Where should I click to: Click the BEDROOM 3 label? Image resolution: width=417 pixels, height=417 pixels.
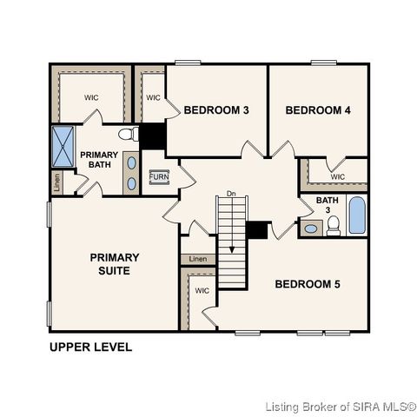pyautogui.click(x=216, y=110)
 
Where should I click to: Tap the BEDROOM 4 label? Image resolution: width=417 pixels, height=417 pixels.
pyautogui.click(x=317, y=110)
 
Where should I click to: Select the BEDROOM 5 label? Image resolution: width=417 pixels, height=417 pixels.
pyautogui.click(x=308, y=284)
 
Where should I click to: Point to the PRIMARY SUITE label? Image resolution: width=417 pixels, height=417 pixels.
pyautogui.click(x=115, y=263)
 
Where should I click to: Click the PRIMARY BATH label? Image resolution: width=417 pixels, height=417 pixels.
pyautogui.click(x=99, y=160)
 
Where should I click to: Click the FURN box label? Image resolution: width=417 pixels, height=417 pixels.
pyautogui.click(x=158, y=176)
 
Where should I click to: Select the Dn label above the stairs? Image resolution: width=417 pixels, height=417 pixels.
pyautogui.click(x=231, y=193)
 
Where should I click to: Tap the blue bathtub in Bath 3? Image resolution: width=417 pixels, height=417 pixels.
pyautogui.click(x=356, y=215)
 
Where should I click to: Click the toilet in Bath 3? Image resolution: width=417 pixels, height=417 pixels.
pyautogui.click(x=333, y=227)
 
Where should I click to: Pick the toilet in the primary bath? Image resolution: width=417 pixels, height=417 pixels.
pyautogui.click(x=129, y=135)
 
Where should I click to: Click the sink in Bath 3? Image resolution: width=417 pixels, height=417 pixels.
pyautogui.click(x=311, y=229)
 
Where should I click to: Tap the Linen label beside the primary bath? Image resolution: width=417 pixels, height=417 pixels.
pyautogui.click(x=56, y=183)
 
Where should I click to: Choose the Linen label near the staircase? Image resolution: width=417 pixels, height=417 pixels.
pyautogui.click(x=198, y=259)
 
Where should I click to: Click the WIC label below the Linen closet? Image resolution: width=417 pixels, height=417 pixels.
pyautogui.click(x=202, y=291)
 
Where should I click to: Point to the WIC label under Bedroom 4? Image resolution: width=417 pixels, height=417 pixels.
pyautogui.click(x=338, y=176)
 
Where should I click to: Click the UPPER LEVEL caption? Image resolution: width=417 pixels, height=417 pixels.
pyautogui.click(x=90, y=347)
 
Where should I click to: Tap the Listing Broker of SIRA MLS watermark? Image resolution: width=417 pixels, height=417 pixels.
pyautogui.click(x=341, y=406)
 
